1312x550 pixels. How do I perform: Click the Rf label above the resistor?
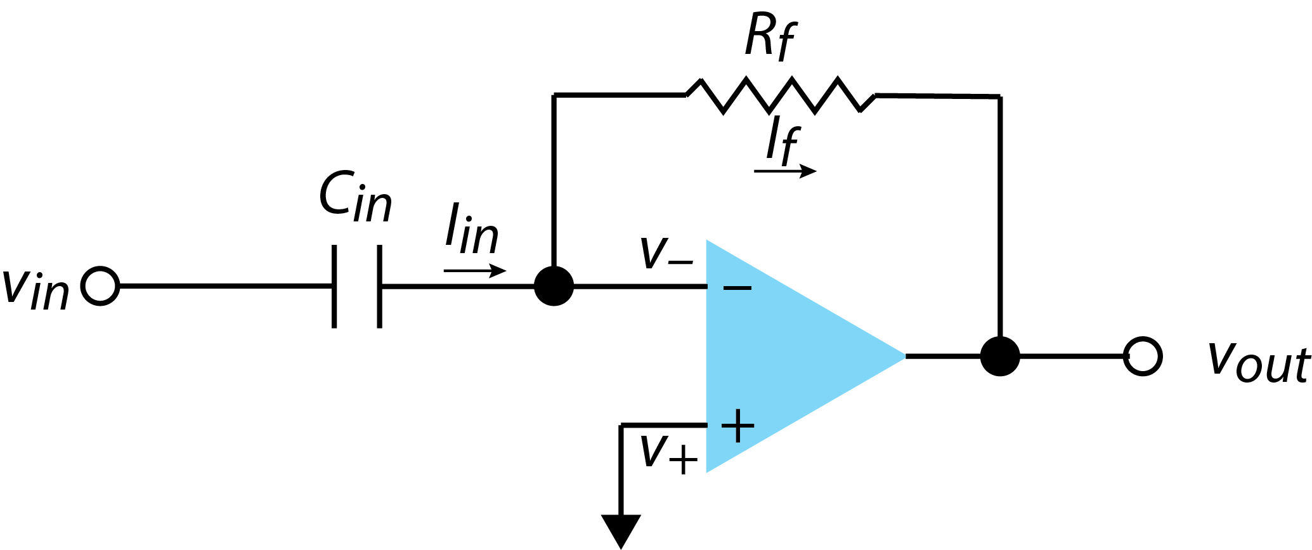tap(769, 38)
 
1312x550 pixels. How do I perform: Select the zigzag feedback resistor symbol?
tap(780, 96)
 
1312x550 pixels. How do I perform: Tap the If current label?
tap(782, 141)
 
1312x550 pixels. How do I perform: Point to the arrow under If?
tap(785, 171)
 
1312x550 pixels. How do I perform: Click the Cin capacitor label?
tap(355, 198)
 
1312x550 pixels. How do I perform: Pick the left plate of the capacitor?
tap(334, 287)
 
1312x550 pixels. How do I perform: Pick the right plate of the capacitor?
tap(379, 287)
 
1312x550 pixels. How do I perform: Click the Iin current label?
tap(471, 229)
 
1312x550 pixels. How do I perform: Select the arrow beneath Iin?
tap(475, 272)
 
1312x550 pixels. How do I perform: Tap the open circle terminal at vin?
tap(100, 287)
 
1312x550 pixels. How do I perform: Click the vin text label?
tap(36, 289)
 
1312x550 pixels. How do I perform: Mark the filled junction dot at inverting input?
tap(554, 287)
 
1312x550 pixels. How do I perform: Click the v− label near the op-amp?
tap(665, 254)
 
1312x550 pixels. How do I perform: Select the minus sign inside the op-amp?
tap(737, 288)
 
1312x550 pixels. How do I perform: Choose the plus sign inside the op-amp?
tap(737, 425)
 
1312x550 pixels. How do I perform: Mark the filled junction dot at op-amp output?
tap(1000, 357)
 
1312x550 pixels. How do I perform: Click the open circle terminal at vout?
tap(1142, 357)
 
